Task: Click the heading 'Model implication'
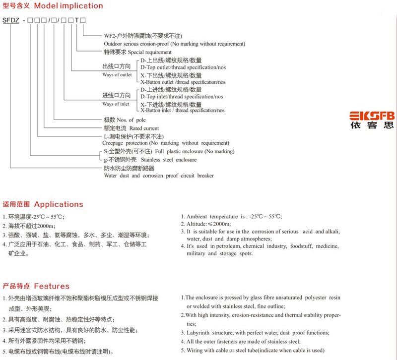coord(69,6)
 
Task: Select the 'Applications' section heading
coord(59,204)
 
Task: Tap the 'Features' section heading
coord(52,287)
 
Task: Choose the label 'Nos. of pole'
coord(131,120)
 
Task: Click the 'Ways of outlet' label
coord(117,75)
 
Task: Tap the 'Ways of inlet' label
coord(116,104)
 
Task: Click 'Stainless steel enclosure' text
coord(169,160)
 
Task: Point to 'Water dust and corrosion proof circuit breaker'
coord(158,176)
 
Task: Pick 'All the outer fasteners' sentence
coord(243,342)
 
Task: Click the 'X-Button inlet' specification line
coord(182,111)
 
